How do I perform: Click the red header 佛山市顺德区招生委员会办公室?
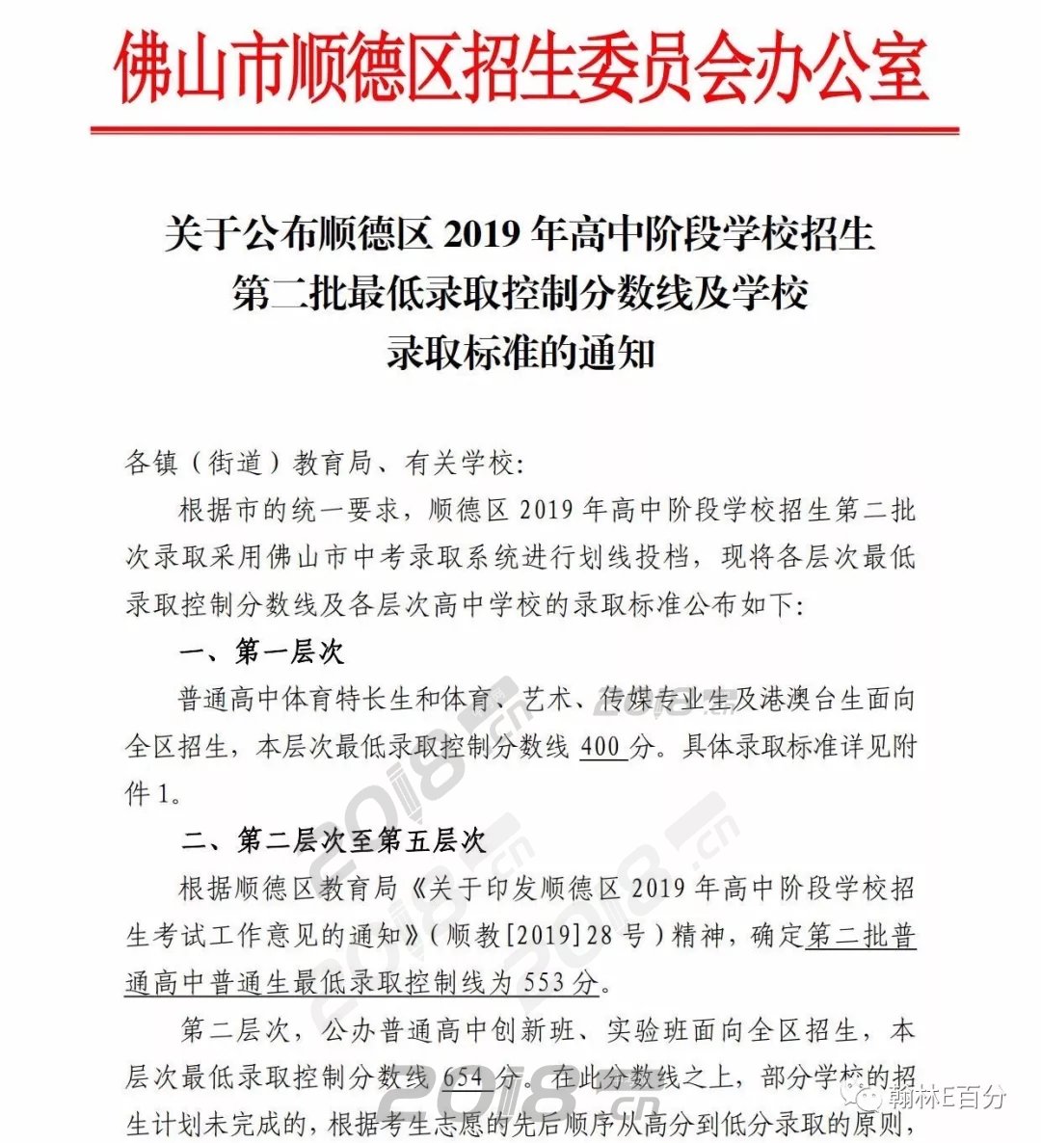(520, 69)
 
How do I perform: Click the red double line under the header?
(524, 129)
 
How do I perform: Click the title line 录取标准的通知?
(520, 353)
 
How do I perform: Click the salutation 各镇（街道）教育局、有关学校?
(323, 464)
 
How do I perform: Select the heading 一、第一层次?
(262, 652)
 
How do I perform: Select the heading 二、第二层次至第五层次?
(334, 840)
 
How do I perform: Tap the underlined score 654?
(467, 1077)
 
